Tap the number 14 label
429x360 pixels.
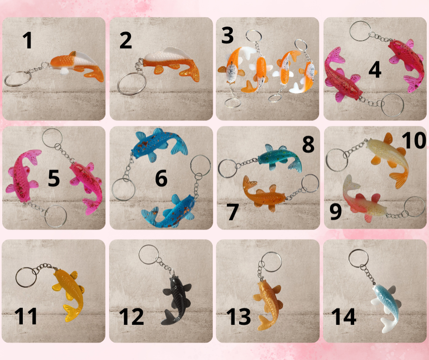point(343,317)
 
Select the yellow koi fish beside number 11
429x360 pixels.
point(68,294)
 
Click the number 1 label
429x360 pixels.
point(27,40)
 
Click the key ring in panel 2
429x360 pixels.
point(131,83)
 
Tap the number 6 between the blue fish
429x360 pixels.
point(161,178)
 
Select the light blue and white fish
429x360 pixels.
point(386,307)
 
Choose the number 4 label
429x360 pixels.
point(375,69)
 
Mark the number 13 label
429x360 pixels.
point(239,317)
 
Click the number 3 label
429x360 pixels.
point(227,35)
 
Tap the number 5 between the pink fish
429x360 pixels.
point(54,178)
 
